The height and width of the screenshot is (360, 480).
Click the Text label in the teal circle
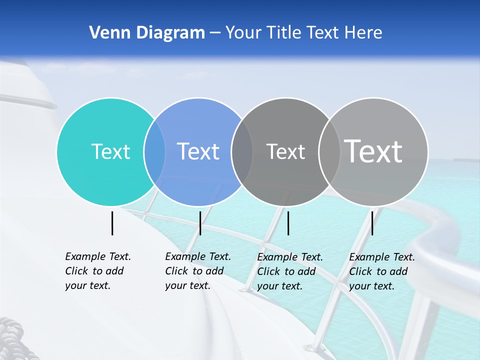[110, 151]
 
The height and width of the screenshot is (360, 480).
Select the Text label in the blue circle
[198, 151]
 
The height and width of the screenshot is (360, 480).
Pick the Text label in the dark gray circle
[285, 151]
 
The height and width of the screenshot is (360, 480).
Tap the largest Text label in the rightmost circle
[373, 151]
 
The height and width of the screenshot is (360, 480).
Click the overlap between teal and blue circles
[154, 151]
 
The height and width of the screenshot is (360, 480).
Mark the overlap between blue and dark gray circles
[242, 151]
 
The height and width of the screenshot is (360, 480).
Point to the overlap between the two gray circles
[329, 151]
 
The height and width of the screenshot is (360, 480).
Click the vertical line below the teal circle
[112, 223]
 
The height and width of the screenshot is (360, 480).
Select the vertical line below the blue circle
[200, 223]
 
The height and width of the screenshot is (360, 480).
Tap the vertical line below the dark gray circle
[288, 223]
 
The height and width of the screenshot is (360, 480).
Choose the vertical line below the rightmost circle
[372, 223]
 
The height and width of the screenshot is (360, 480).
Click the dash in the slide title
[215, 33]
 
